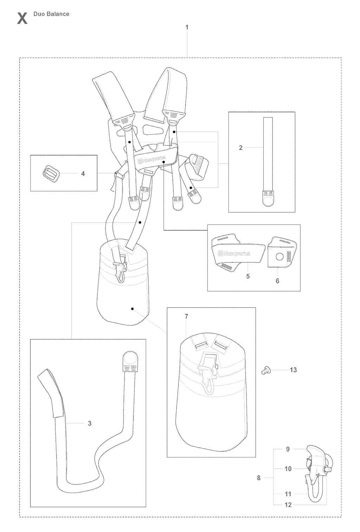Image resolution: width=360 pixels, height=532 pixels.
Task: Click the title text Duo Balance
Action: coord(51,14)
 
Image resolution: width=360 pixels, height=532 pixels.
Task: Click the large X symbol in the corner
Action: coord(22,19)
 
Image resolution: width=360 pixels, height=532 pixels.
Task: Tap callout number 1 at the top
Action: coord(187,27)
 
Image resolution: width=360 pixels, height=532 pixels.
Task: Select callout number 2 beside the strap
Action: coord(241,148)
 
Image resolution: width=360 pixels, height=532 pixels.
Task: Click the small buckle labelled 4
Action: coord(51,174)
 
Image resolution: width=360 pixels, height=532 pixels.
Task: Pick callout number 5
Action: coord(248,276)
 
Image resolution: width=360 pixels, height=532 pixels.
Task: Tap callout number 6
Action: coord(277,281)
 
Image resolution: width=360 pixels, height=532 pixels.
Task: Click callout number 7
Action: coord(186,316)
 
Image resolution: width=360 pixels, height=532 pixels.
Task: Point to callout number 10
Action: coord(288,469)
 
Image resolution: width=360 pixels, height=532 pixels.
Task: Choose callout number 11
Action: coord(288,494)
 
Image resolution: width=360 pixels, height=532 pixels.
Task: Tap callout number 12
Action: coord(288,505)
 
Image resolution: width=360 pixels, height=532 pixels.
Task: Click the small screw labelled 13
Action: coord(264,370)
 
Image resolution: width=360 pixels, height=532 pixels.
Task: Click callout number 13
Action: coord(294,370)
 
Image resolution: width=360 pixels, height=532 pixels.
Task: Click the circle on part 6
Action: coord(280,257)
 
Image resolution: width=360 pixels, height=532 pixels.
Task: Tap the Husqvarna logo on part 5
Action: coord(234,254)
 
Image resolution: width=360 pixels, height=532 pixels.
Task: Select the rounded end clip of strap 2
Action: coord(268,199)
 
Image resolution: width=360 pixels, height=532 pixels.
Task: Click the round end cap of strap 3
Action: coord(129,359)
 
